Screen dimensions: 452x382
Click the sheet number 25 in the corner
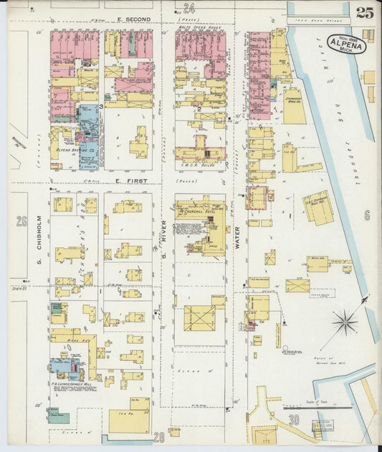pyautogui.click(x=363, y=11)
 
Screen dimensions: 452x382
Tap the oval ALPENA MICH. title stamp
pyautogui.click(x=347, y=44)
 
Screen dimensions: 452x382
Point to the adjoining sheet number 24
pyautogui.click(x=189, y=9)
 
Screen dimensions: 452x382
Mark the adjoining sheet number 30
pyautogui.click(x=293, y=420)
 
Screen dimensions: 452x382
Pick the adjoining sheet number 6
pyautogui.click(x=366, y=215)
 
